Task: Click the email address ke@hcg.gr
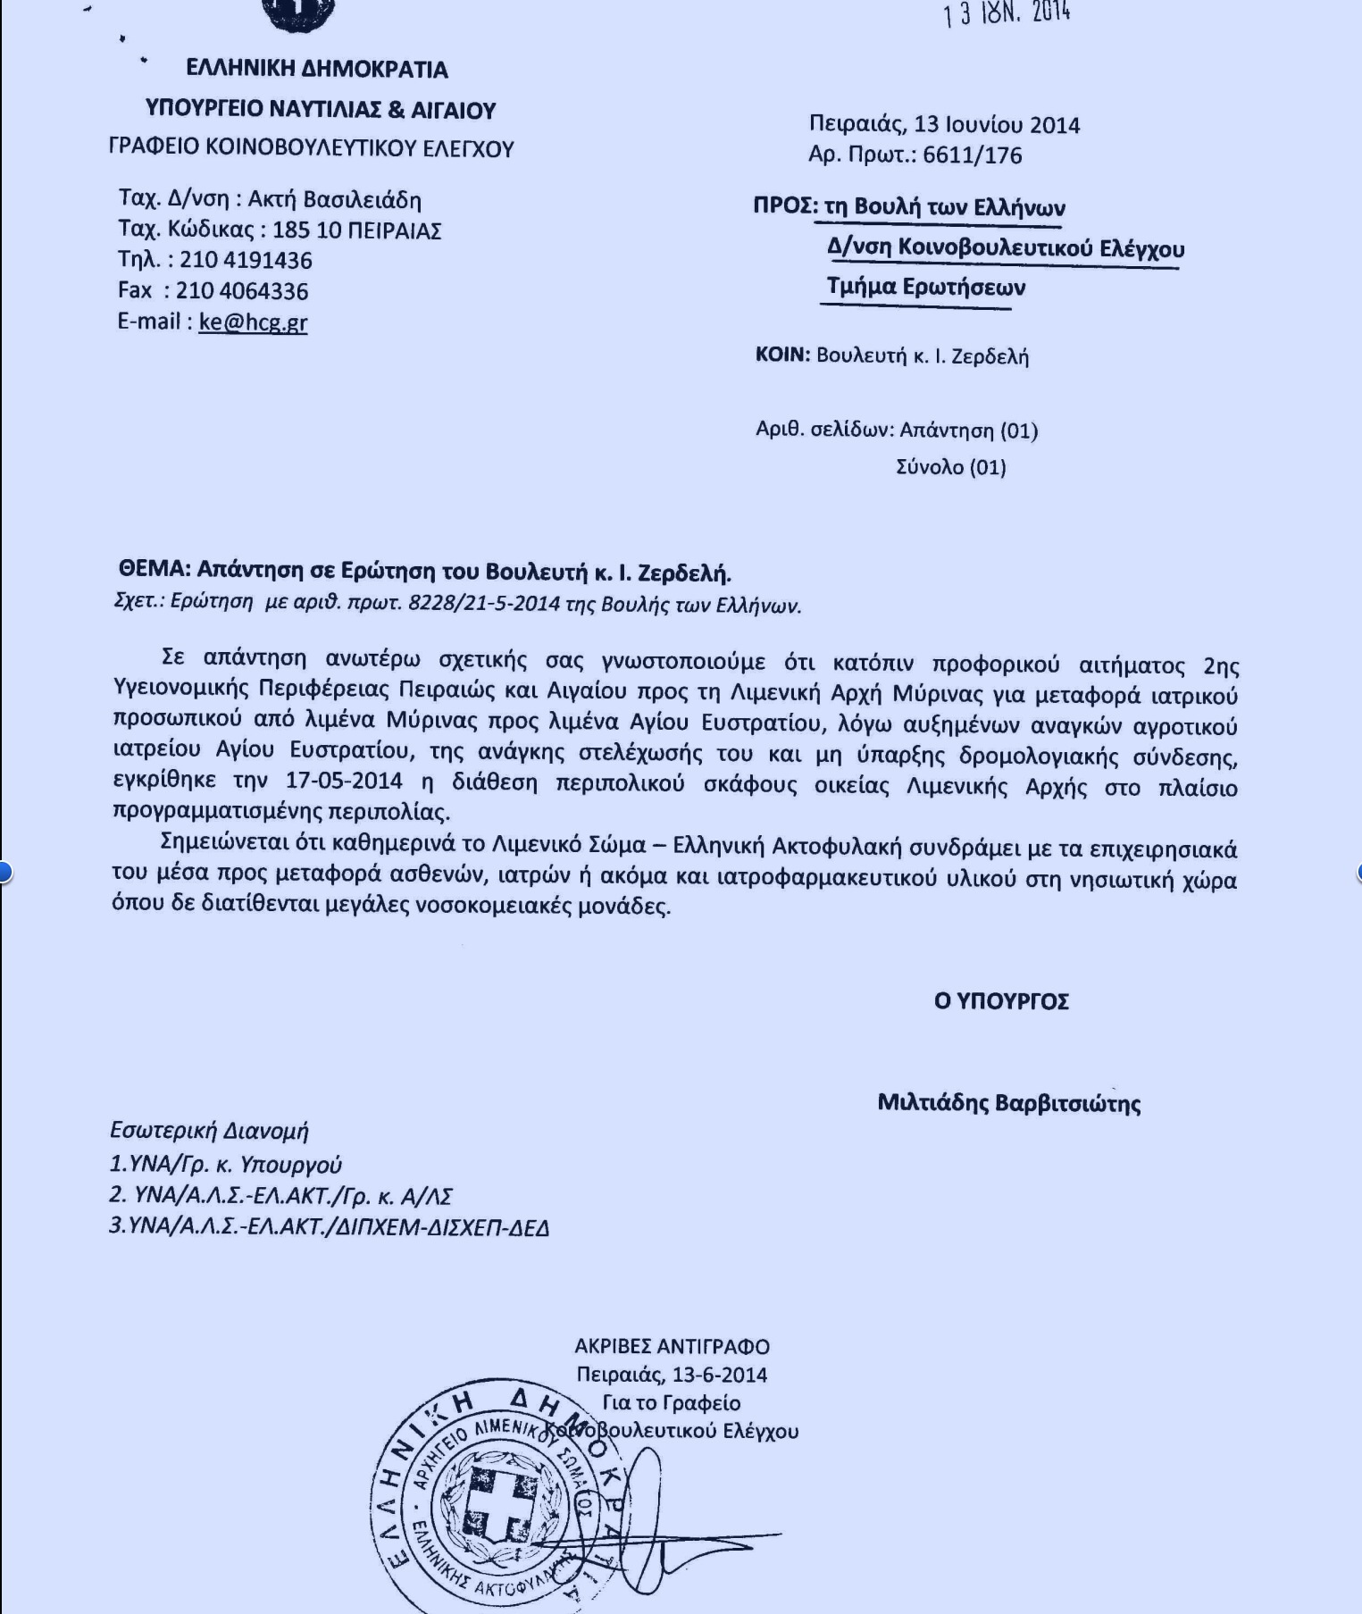coord(253,322)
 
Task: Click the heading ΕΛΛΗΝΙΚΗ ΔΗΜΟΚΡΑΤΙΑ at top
coord(317,69)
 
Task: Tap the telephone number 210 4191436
coord(246,261)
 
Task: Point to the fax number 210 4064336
coord(241,291)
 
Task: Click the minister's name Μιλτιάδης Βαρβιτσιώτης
coord(1008,1103)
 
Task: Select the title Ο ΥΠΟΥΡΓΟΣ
coord(1000,1001)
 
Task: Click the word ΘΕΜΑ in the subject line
coord(154,570)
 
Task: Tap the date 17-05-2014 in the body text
coord(344,780)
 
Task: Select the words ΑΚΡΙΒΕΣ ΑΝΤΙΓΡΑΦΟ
coord(672,1346)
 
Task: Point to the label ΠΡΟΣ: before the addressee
coord(785,206)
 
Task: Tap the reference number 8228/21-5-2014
coord(483,603)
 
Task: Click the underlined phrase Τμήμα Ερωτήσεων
coord(925,288)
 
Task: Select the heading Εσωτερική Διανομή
coord(209,1131)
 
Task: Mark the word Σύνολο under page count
coord(929,467)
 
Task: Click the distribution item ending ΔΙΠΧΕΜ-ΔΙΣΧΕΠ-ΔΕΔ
coord(329,1226)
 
